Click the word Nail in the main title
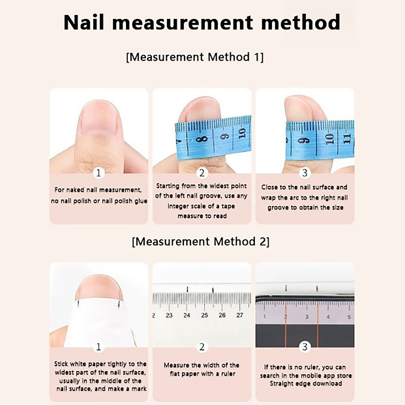click(84, 22)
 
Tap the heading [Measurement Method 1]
click(195, 57)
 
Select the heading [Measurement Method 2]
click(201, 241)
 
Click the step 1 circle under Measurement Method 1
click(98, 173)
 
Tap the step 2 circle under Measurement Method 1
click(202, 173)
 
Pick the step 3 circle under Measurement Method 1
click(305, 173)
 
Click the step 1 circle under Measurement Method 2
click(98, 347)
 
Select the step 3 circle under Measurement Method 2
click(305, 347)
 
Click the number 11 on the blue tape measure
click(347, 139)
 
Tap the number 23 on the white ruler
click(169, 315)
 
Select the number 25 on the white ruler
click(205, 315)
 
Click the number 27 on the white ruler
click(240, 315)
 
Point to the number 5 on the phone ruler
click(349, 317)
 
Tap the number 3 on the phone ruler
click(307, 317)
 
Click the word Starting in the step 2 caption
click(168, 186)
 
